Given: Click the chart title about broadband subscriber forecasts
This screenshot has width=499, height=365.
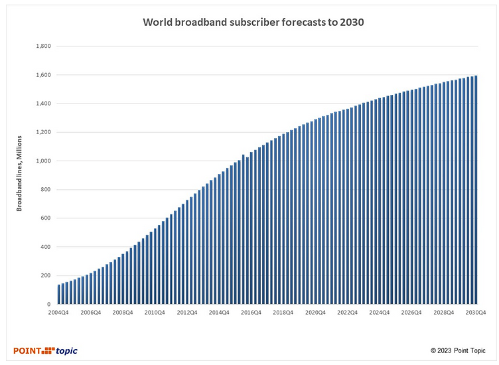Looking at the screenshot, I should click(x=254, y=22).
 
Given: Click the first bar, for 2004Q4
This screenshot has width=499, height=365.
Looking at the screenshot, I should click(x=59, y=295).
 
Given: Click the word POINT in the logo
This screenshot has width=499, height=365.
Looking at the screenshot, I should click(x=27, y=350).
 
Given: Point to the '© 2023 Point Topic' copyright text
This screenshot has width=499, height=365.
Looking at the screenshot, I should click(x=458, y=350).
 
